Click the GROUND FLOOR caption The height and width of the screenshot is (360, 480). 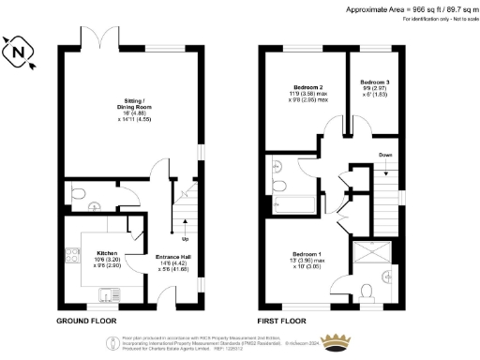[x=91, y=321]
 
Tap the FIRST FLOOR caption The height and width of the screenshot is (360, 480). [x=285, y=321]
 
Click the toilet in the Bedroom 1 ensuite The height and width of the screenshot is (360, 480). [x=387, y=289]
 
